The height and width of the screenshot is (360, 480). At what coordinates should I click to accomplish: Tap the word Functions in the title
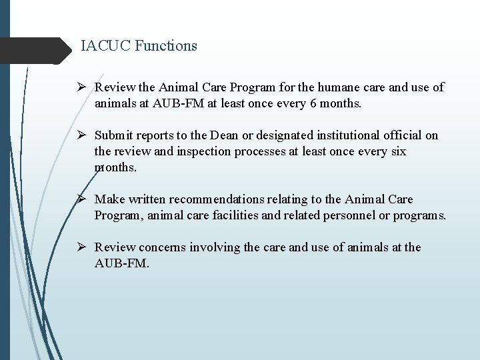[167, 46]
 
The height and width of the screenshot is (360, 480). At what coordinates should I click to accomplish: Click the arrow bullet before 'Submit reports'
[83, 136]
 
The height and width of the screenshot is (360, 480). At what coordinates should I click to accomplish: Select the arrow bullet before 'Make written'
[83, 199]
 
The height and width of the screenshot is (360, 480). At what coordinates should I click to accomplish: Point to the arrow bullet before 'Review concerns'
[83, 248]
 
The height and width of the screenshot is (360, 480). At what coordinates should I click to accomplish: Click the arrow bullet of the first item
[83, 88]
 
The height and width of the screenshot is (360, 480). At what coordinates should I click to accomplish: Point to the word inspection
[187, 151]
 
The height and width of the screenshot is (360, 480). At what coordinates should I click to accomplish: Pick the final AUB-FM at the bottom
[122, 263]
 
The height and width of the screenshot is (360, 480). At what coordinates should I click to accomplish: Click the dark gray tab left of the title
[37, 49]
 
